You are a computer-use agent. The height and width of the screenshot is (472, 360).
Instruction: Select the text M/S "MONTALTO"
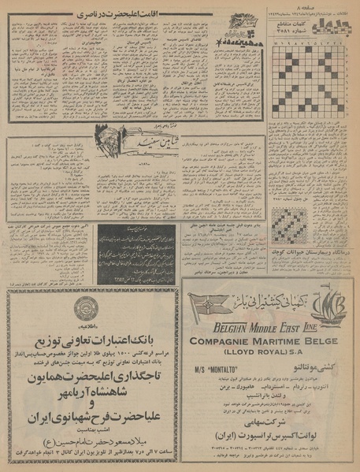click(x=220, y=369)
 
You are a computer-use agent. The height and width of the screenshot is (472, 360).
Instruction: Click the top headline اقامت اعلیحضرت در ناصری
click(x=110, y=13)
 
